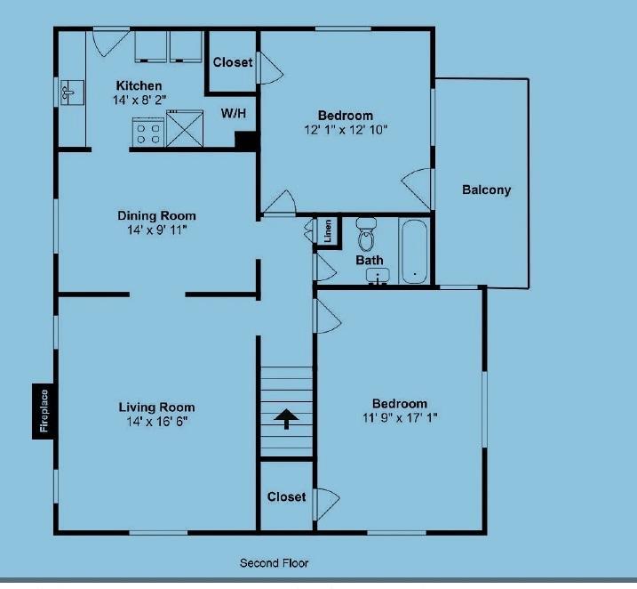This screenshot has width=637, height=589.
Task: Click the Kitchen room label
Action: (x=139, y=85)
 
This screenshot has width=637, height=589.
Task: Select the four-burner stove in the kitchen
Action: (x=147, y=133)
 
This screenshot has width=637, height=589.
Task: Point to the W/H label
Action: (x=234, y=114)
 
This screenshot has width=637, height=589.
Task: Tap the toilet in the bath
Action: (x=366, y=235)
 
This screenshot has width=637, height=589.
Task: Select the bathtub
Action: (x=414, y=251)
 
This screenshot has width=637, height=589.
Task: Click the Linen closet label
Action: (x=328, y=231)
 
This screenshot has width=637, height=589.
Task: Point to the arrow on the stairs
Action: (x=286, y=418)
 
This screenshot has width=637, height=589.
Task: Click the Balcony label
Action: (x=486, y=190)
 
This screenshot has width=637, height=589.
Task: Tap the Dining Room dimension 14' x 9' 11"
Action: (x=156, y=230)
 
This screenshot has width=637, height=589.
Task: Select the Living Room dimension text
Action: (x=156, y=421)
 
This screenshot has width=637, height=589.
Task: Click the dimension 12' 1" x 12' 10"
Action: (x=346, y=130)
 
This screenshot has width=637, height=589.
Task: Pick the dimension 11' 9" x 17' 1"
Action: (x=399, y=417)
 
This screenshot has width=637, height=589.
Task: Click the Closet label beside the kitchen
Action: (x=233, y=62)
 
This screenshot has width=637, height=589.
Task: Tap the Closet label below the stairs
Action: (x=286, y=496)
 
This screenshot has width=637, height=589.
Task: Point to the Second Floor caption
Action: (x=274, y=563)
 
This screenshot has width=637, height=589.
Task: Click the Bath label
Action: (x=370, y=261)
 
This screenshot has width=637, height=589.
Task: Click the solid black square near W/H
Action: (x=246, y=140)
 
